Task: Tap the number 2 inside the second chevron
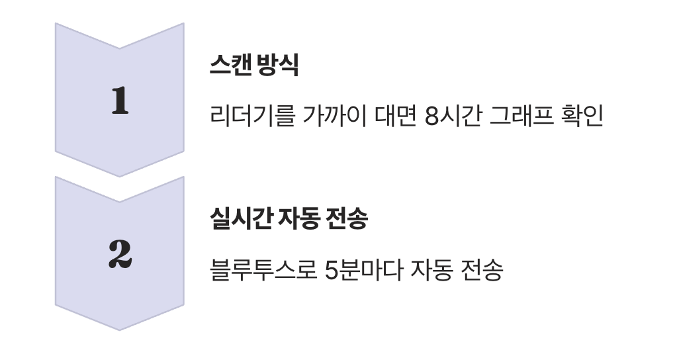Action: point(120,255)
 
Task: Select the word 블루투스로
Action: point(261,270)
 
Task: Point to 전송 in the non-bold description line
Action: point(480,270)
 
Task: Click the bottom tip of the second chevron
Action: point(120,329)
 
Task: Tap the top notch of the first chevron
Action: point(120,48)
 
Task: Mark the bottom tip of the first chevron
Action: point(120,175)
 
